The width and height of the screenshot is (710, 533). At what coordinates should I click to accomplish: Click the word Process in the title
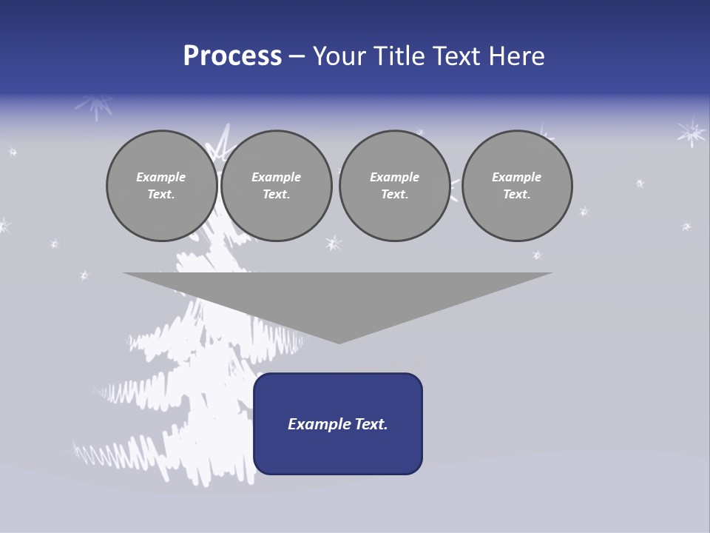232,56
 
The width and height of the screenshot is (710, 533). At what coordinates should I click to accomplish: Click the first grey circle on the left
161,186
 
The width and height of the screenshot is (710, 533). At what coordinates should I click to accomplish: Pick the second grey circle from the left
277,186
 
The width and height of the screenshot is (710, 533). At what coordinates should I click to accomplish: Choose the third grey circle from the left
394,186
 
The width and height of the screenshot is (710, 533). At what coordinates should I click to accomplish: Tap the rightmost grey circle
517,186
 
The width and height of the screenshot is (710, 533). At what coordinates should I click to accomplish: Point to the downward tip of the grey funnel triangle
339,341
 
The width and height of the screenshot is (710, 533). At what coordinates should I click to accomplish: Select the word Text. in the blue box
370,424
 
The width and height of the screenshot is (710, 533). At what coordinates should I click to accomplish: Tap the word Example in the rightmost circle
516,177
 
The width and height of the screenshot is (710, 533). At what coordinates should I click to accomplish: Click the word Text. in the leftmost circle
161,195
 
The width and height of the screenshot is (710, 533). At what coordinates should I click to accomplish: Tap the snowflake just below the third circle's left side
334,243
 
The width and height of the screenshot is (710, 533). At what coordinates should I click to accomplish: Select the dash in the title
297,56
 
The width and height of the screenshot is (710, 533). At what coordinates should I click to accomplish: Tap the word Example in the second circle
276,177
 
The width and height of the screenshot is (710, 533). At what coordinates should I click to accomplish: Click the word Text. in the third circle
394,195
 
